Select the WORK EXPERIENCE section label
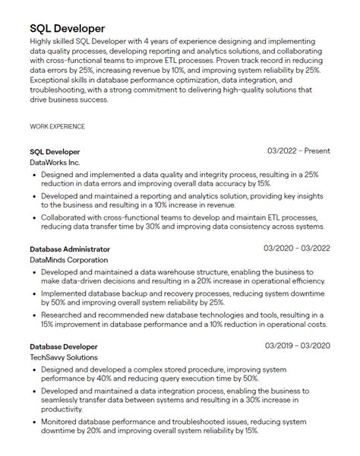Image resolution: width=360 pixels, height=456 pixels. pos(57,126)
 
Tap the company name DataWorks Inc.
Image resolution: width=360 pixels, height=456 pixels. pos(54,163)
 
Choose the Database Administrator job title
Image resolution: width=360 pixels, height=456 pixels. pos(70,249)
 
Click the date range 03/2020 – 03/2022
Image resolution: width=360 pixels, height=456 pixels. pos(297,249)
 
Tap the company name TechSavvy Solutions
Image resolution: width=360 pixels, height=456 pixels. pos(63,357)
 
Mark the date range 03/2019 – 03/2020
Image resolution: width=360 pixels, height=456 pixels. pos(297,346)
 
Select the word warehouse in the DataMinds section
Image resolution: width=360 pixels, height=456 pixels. pos(166,270)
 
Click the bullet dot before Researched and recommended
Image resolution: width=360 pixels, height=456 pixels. pos(35,313)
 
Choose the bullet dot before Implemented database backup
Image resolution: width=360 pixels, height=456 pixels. pos(35,292)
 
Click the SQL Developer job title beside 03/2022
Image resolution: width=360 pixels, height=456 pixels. pos(55,151)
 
